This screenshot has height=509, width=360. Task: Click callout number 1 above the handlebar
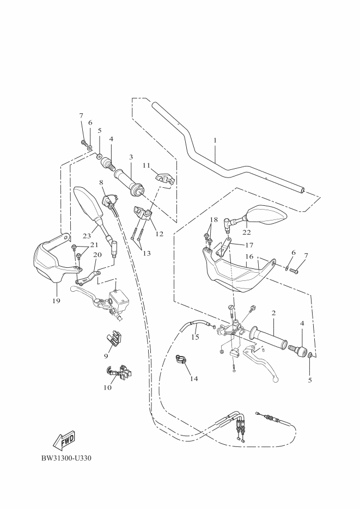(x=215, y=140)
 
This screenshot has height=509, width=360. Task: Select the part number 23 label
(x=86, y=236)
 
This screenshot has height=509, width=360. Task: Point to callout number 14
(x=194, y=378)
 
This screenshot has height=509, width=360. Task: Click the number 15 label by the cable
(x=195, y=338)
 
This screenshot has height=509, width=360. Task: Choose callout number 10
(x=108, y=388)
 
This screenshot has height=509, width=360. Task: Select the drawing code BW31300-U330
(x=66, y=457)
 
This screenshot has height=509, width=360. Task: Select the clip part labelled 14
(x=180, y=359)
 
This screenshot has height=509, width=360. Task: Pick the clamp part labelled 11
(x=162, y=177)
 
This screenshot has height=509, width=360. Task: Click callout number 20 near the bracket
(x=97, y=254)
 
